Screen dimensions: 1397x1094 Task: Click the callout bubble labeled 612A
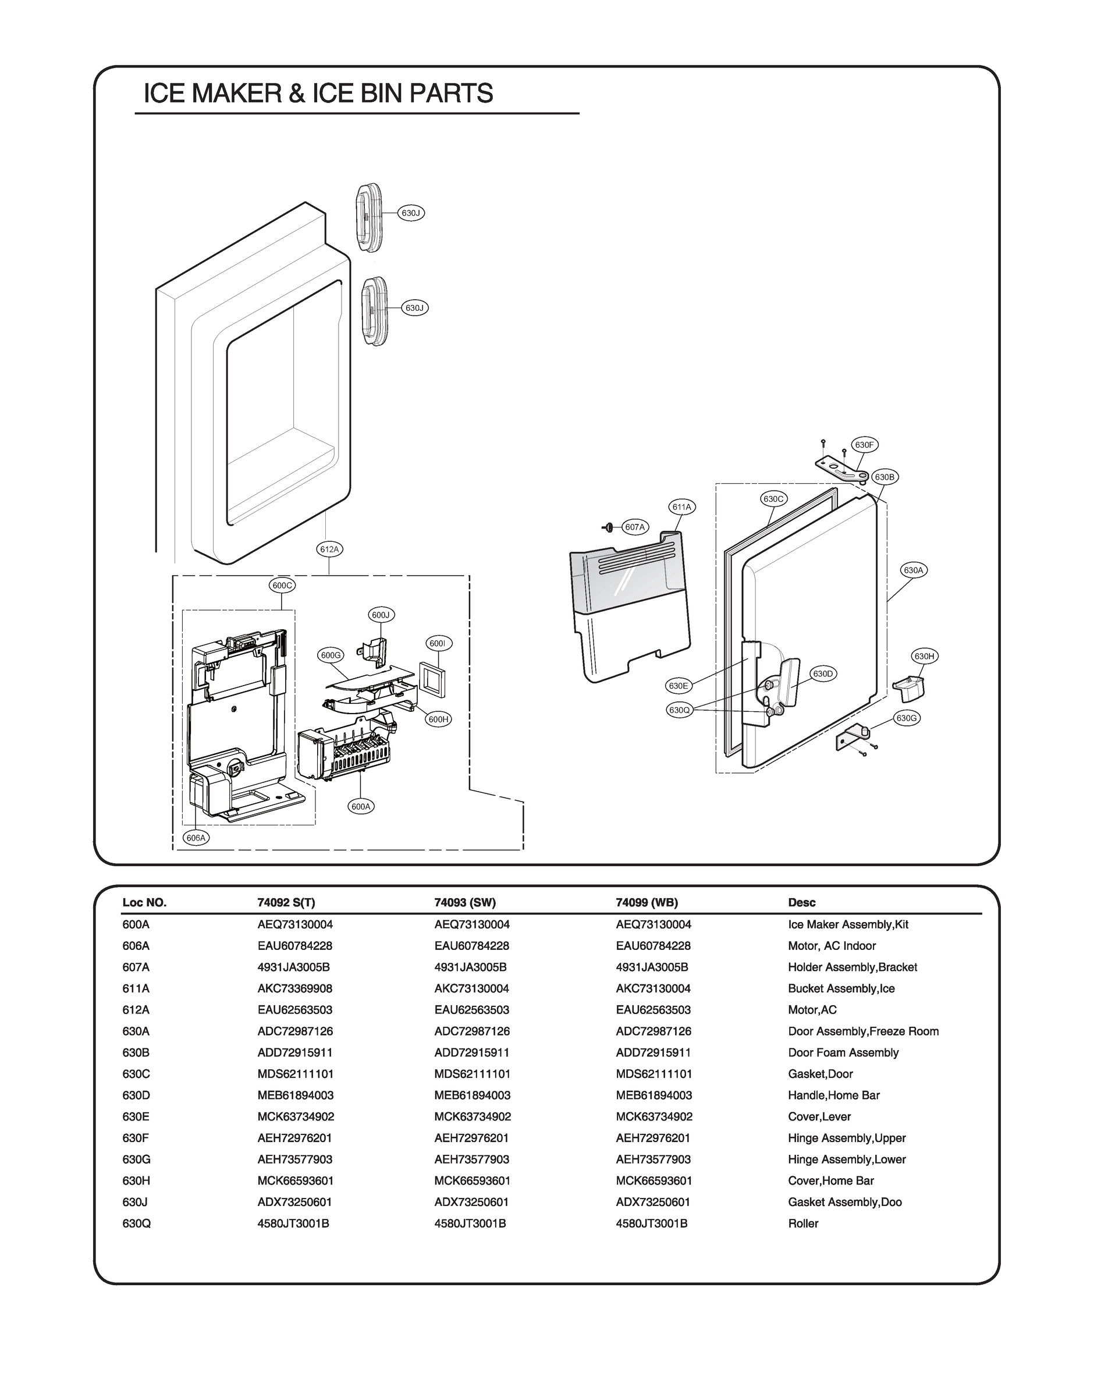(x=330, y=549)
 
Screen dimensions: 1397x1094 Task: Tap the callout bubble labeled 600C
(x=282, y=585)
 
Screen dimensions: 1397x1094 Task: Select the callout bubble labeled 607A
(x=635, y=527)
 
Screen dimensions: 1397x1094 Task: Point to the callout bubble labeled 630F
(x=864, y=445)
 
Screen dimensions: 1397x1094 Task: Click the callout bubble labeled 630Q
(x=679, y=710)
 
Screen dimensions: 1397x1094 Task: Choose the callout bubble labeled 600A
(x=361, y=806)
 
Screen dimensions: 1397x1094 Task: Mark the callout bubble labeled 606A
(x=196, y=837)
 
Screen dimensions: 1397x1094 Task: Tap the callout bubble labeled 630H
(x=924, y=656)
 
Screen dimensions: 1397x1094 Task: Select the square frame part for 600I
(x=432, y=678)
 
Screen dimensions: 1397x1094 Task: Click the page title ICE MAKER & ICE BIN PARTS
(x=318, y=94)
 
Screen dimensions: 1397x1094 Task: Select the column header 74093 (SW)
(x=465, y=902)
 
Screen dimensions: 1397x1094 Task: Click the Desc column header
(x=801, y=902)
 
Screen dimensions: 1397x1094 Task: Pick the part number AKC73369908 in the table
(x=294, y=988)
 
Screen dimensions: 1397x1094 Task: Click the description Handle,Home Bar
(x=833, y=1095)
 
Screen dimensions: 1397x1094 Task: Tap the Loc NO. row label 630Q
(x=136, y=1224)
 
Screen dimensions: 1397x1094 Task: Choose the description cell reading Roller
(x=802, y=1224)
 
